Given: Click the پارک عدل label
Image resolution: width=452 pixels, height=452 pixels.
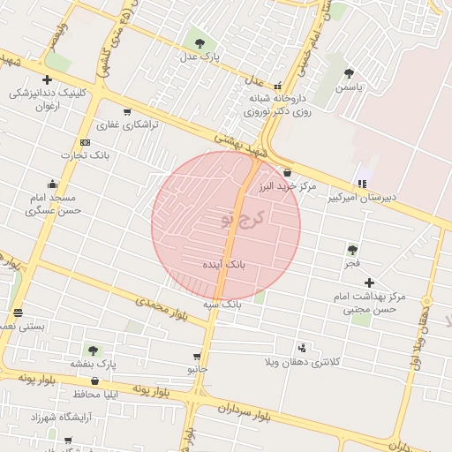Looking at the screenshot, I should click(x=199, y=56).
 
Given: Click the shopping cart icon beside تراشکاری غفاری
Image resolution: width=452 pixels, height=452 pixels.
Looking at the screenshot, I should click(x=127, y=112).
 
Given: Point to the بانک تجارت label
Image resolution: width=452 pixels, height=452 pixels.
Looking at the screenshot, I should click(x=85, y=155).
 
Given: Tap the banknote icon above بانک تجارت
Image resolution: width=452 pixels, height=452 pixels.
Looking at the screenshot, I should click(x=85, y=142).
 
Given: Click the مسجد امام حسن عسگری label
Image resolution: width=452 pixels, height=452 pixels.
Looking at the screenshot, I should click(x=53, y=204).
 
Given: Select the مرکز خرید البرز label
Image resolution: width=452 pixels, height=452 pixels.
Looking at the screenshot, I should click(x=288, y=187).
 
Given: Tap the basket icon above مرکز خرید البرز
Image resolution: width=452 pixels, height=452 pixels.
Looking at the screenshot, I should click(x=288, y=172).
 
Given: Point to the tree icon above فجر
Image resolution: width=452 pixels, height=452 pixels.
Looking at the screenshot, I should click(x=352, y=250).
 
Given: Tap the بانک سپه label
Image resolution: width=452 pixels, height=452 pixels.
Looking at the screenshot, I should click(x=222, y=304).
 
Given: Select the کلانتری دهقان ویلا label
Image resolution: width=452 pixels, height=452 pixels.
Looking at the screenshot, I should click(x=303, y=362).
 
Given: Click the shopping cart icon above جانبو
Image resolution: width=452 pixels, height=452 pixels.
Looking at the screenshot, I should click(x=196, y=357).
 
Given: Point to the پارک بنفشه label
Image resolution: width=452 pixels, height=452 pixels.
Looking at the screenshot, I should click(x=94, y=364).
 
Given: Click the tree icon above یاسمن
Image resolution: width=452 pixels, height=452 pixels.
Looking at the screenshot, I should click(x=349, y=74).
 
